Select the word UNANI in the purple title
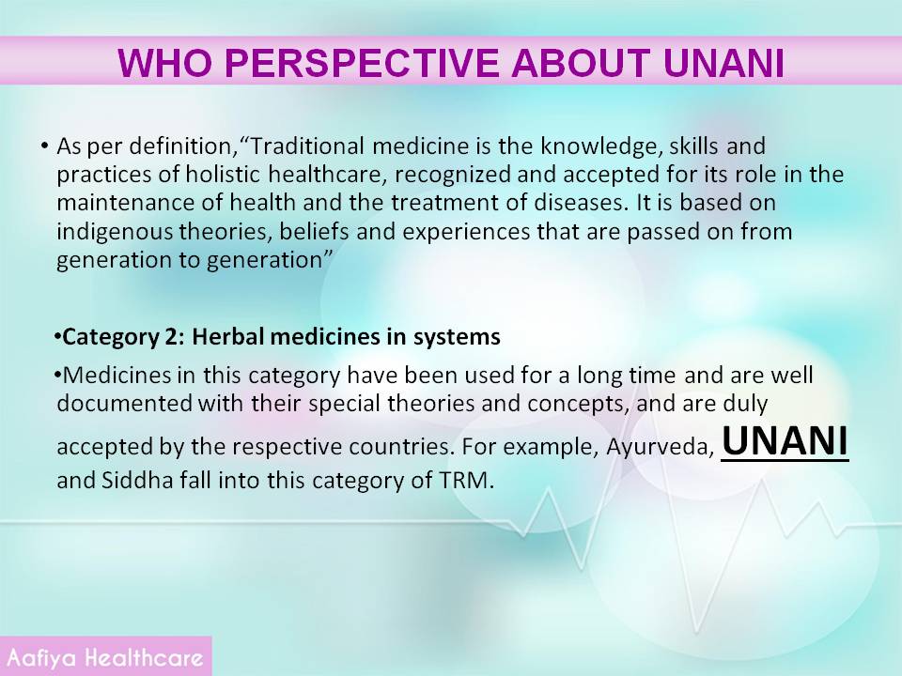pos(724,63)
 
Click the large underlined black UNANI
pos(785,442)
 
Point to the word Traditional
pos(307,146)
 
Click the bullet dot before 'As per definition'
pos(44,146)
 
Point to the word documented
pos(124,403)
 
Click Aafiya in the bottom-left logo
pos(41,657)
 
